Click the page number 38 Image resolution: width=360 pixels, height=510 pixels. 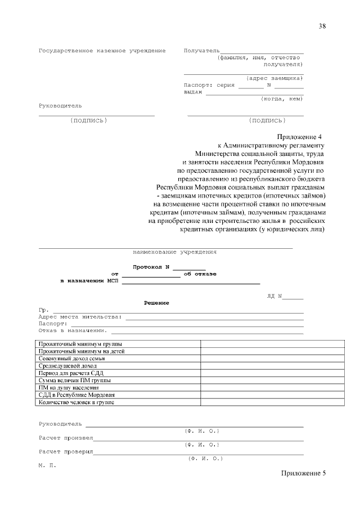(x=322, y=26)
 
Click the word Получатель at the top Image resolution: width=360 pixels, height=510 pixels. (x=202, y=51)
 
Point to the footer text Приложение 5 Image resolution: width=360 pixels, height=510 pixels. (x=303, y=473)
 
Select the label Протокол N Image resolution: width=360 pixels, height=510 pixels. (x=151, y=266)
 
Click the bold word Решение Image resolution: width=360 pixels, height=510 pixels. (x=156, y=303)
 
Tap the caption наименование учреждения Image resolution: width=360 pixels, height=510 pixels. (x=174, y=252)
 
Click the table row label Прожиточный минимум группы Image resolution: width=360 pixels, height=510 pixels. (x=80, y=344)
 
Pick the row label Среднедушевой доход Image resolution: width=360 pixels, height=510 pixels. (x=68, y=366)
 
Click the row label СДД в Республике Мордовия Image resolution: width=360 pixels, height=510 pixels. (x=76, y=395)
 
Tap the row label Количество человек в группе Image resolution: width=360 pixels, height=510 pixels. (x=76, y=402)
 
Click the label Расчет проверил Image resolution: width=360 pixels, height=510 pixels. (x=66, y=451)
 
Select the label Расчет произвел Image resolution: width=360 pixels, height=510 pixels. (x=66, y=437)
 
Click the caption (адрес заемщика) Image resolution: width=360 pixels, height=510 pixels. (x=274, y=78)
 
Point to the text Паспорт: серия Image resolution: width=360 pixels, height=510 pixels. (x=209, y=86)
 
